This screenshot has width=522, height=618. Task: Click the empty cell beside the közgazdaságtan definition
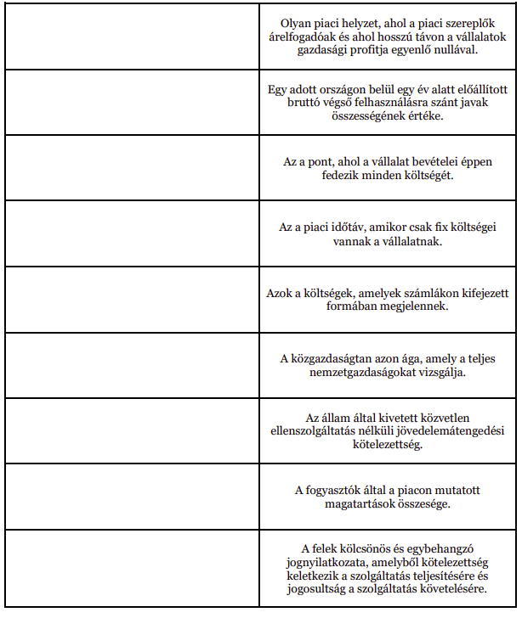tap(133, 366)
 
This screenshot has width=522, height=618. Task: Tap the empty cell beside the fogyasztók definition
tap(133, 497)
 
